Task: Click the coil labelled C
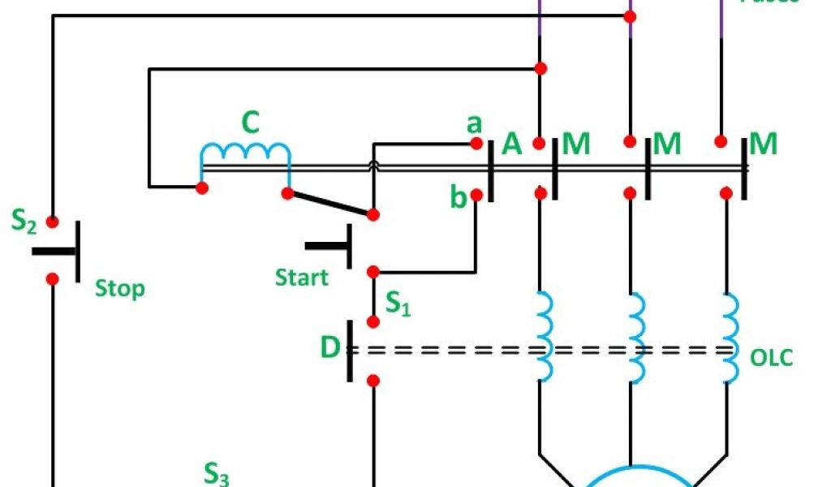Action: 245,152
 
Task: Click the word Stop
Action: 120,288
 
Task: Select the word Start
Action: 302,278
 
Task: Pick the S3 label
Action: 215,474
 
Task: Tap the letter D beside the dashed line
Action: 329,348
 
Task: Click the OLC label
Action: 771,358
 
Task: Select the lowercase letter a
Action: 474,124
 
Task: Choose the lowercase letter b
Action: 459,197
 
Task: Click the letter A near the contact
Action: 511,144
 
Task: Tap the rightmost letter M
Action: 764,144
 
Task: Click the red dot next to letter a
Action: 477,143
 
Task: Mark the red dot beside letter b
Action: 477,195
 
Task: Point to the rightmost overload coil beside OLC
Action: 730,337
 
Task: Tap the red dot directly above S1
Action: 373,271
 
